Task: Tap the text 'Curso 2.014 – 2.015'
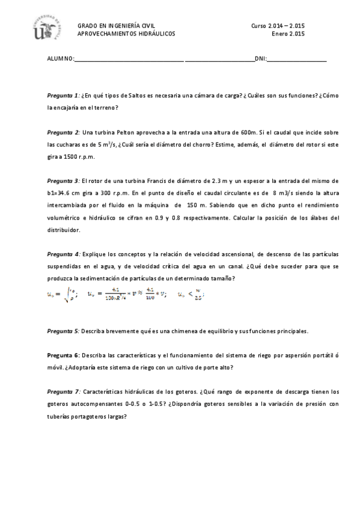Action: point(278,26)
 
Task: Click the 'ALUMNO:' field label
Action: point(61,59)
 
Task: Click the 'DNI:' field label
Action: point(261,59)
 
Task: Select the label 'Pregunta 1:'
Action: point(63,96)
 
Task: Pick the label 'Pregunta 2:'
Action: point(63,132)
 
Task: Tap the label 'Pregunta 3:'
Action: point(63,180)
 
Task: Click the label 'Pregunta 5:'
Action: point(63,331)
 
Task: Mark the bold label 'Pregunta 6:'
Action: point(63,355)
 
